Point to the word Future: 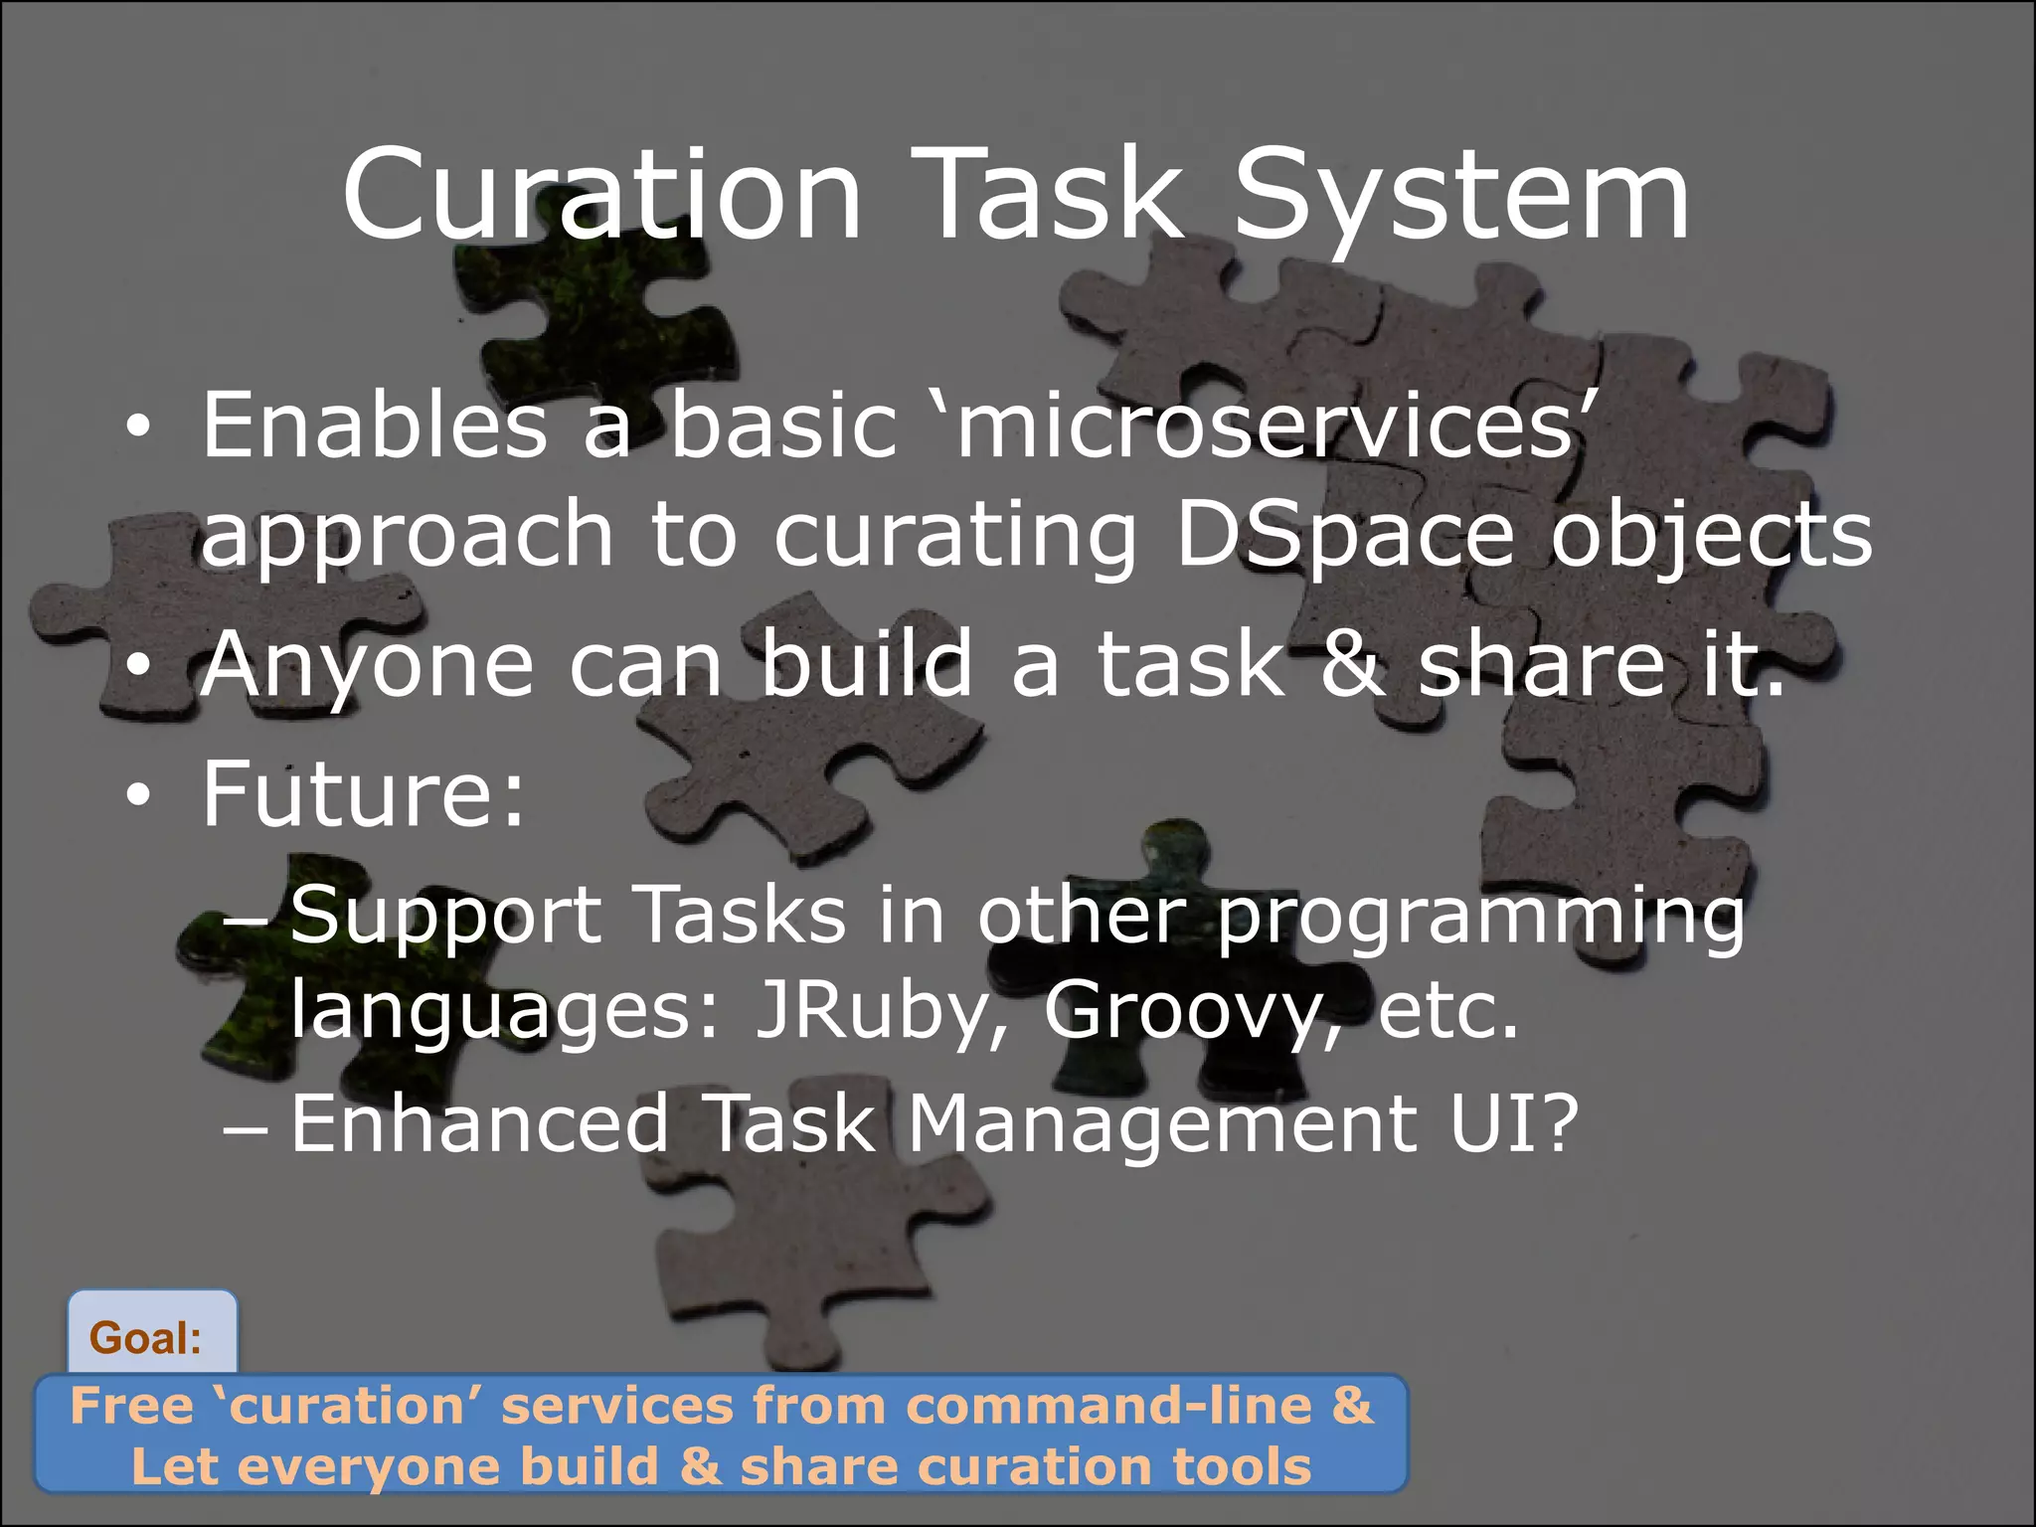pyautogui.click(x=363, y=793)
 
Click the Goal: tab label pyautogui.click(x=146, y=1338)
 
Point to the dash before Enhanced pyautogui.click(x=246, y=1131)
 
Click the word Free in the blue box pyautogui.click(x=131, y=1406)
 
